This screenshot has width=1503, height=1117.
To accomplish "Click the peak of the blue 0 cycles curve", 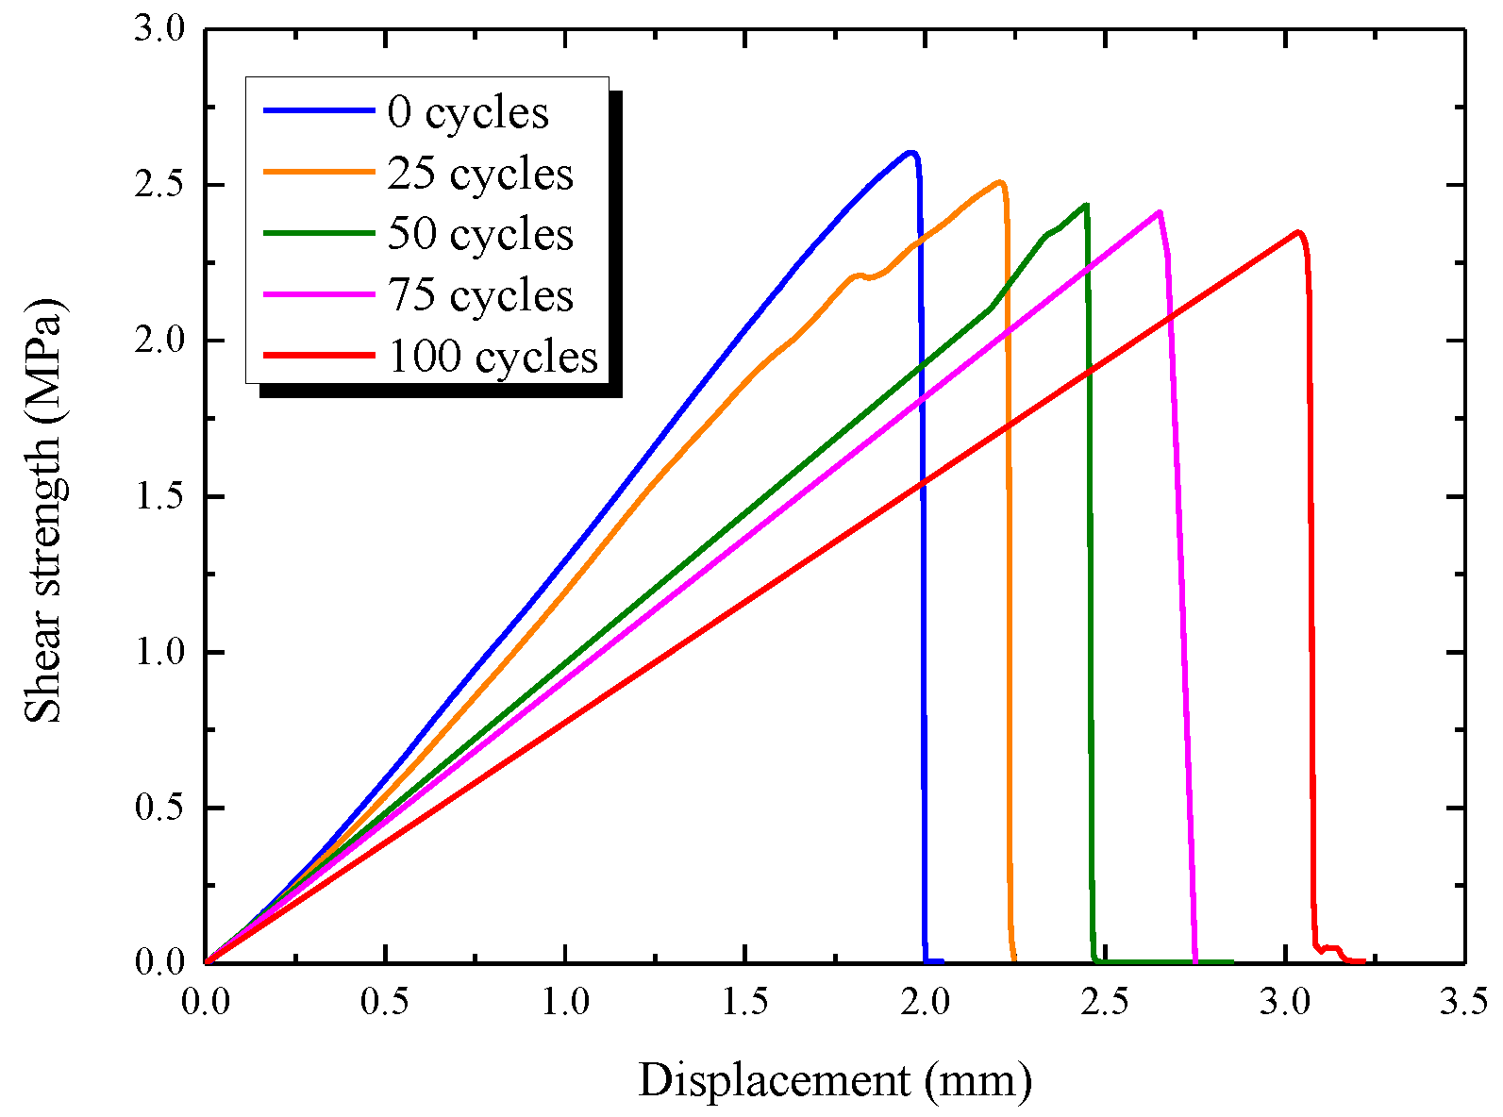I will tap(910, 152).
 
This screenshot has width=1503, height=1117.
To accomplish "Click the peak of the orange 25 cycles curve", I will tap(999, 182).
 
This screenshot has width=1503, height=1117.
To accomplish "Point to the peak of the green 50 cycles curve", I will tap(1086, 205).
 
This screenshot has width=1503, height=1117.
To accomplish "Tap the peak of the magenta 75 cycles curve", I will tap(1159, 212).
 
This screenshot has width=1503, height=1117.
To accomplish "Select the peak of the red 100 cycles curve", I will tap(1299, 232).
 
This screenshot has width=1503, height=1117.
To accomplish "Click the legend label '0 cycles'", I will tap(468, 112).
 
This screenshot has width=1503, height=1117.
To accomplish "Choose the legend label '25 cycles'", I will tap(480, 174).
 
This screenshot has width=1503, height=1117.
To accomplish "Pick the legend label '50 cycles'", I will tap(480, 234).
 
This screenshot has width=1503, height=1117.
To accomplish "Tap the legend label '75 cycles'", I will tap(480, 295).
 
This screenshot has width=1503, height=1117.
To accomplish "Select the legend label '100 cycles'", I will tap(493, 357).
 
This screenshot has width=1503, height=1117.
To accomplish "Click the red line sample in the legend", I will tap(318, 356).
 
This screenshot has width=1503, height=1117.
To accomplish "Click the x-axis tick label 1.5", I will tap(744, 1001).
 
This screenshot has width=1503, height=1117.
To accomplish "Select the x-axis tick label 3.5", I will tap(1463, 1001).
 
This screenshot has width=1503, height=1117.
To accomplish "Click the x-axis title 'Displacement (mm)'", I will tap(835, 1079).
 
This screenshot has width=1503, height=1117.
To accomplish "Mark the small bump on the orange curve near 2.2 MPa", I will tap(859, 275).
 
